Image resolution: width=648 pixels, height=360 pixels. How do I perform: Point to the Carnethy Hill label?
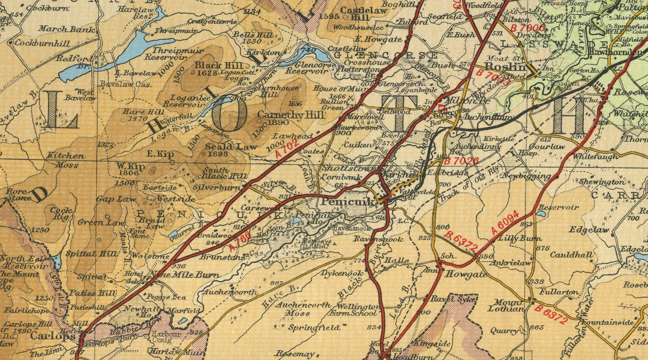(x=291, y=115)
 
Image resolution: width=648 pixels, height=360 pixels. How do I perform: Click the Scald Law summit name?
(x=231, y=147)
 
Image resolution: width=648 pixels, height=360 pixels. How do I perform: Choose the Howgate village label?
(x=466, y=274)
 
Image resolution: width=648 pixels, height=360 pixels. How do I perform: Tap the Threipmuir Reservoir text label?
(x=173, y=54)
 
